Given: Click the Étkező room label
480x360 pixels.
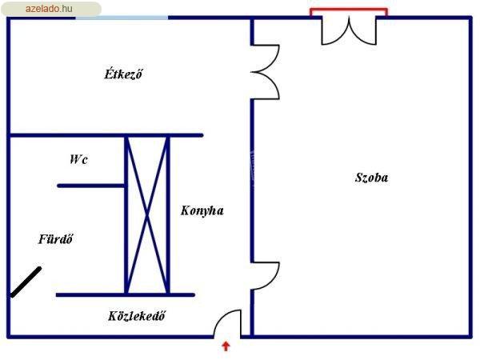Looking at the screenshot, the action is pos(123,74).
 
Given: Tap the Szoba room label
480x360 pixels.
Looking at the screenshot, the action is pos(371,178).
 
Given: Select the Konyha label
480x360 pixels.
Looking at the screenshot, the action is pos(202,210).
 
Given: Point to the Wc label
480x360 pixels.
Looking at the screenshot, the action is pos(79,159).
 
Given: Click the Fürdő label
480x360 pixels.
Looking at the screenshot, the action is pos(56,238).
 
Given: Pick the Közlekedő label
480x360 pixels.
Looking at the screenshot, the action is pos(137,316).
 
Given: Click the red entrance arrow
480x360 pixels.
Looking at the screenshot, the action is pos(226,346).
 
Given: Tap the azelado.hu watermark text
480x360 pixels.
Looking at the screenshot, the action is pos(49,9).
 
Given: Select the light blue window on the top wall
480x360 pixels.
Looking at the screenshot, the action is pos(122,18).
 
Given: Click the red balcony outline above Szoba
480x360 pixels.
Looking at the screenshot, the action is pos(349,9).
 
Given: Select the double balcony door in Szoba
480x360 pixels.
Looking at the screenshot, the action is pos(349,30).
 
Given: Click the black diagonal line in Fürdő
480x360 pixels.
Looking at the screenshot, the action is pos(26,282).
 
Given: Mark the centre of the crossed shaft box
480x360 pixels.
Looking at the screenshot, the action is pos(147,215).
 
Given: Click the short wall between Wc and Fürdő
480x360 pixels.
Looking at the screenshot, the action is pos(90,186).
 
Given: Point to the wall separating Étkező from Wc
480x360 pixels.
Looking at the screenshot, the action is pos(106,135).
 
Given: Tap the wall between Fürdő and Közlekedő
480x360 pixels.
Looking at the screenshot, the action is pos(126,295).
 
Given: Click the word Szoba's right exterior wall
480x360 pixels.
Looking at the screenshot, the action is pos(470,178).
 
